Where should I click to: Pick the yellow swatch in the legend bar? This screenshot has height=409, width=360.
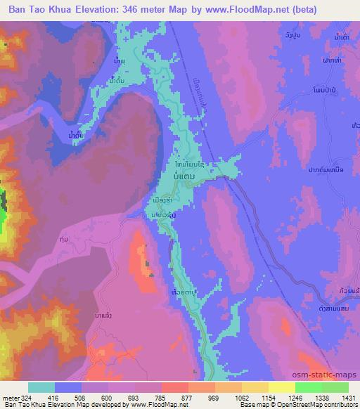click(281, 387)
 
